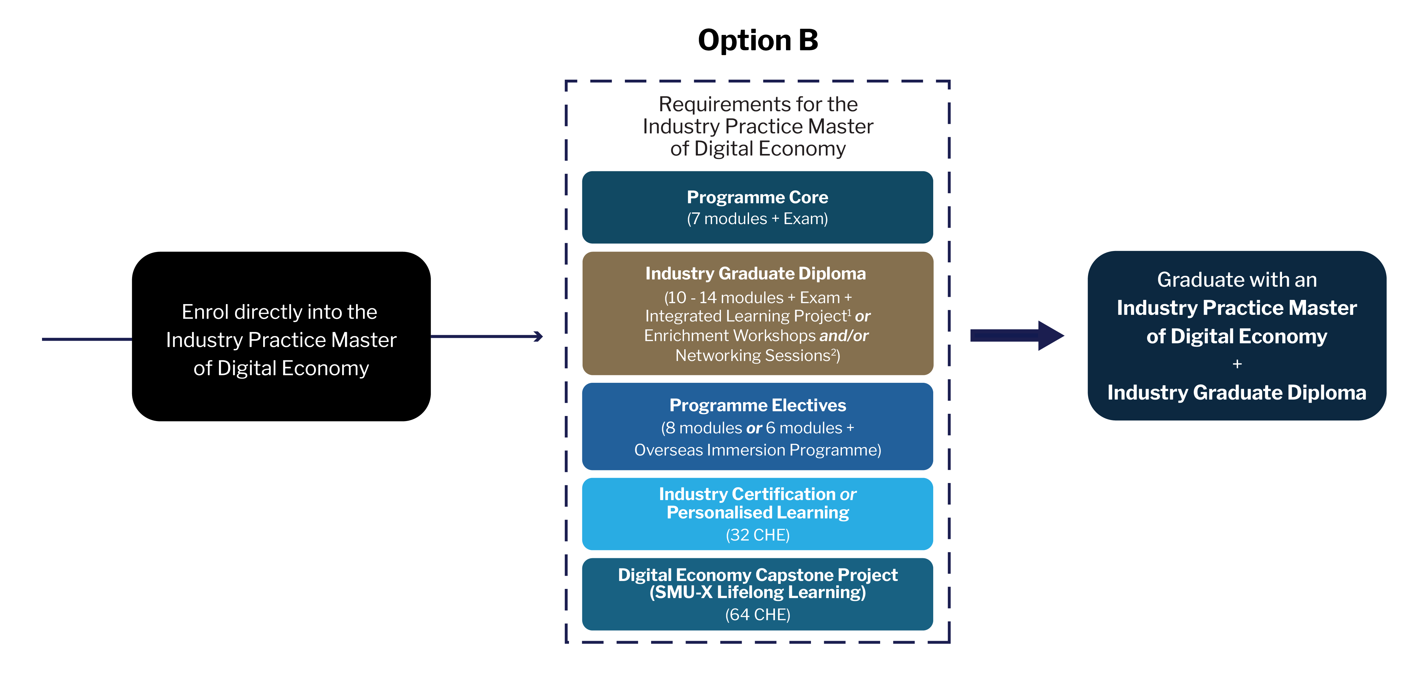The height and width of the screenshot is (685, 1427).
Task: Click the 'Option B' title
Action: point(758,40)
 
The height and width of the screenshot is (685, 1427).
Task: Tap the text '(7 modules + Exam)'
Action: point(757,219)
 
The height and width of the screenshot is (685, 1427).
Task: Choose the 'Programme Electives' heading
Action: point(757,405)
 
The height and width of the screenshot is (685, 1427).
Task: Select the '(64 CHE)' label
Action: point(757,615)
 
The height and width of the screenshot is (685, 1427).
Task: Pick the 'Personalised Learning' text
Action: point(757,513)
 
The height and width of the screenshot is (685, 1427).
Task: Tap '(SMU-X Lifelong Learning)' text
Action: point(757,592)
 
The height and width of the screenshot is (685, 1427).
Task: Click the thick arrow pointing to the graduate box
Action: point(1017,335)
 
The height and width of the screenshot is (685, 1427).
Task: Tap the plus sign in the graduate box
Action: point(1237,364)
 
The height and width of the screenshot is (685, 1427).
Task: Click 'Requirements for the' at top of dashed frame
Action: point(758,104)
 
